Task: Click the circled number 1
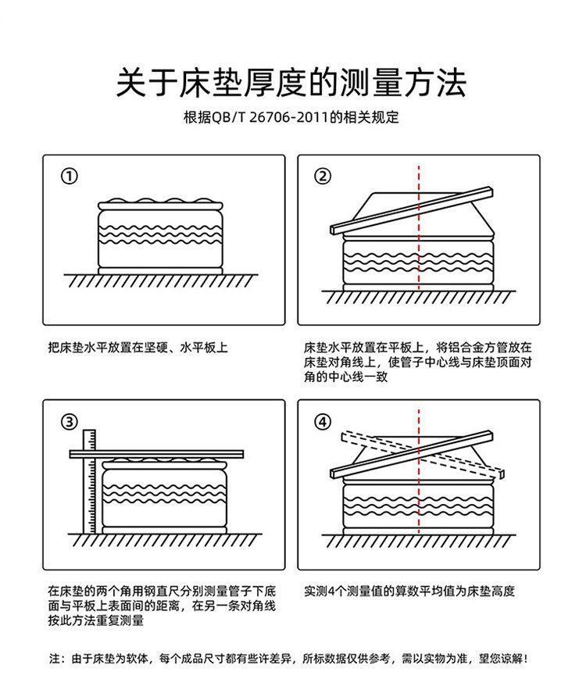pyautogui.click(x=70, y=176)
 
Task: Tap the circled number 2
pyautogui.click(x=323, y=176)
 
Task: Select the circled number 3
pyautogui.click(x=70, y=422)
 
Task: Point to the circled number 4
pyautogui.click(x=323, y=422)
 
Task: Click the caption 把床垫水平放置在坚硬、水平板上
pyautogui.click(x=138, y=347)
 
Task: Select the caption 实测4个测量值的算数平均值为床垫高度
pyautogui.click(x=409, y=591)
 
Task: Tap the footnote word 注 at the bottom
pyautogui.click(x=55, y=659)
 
